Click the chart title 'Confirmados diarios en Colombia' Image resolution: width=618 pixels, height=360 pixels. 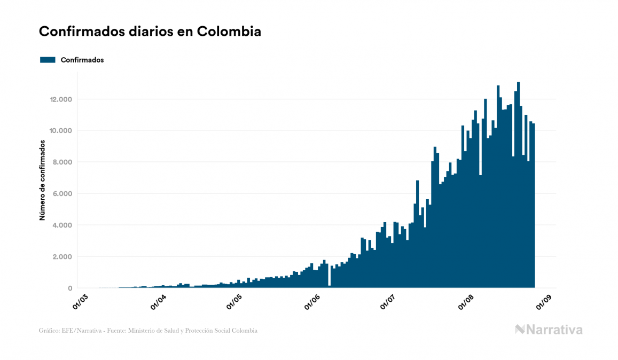tap(150, 32)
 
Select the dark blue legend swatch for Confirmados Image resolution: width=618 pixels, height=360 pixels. tap(48, 60)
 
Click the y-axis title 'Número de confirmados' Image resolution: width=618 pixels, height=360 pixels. tap(42, 181)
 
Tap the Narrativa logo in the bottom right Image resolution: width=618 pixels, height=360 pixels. tap(549, 330)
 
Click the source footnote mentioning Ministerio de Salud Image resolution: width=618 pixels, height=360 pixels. tap(148, 331)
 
